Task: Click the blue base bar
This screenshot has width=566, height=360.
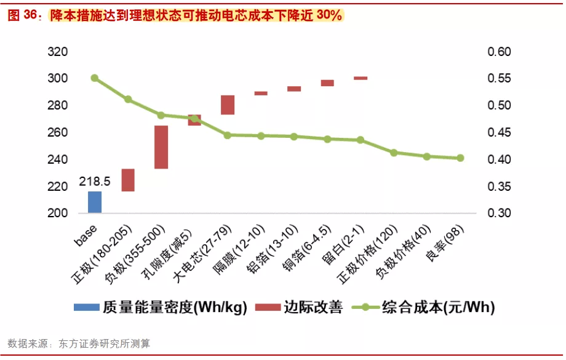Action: [x=95, y=202]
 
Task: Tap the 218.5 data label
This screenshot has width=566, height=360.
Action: [x=95, y=182]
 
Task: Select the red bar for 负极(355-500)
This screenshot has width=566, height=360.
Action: [x=161, y=147]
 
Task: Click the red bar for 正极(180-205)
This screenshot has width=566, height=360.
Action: [x=128, y=180]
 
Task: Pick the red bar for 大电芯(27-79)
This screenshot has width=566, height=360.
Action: [x=228, y=105]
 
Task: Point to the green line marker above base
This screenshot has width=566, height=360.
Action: [x=95, y=78]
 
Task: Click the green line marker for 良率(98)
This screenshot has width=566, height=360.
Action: [x=460, y=158]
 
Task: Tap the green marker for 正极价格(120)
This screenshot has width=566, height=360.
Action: [x=394, y=153]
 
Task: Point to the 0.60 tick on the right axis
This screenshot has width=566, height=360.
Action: [x=499, y=52]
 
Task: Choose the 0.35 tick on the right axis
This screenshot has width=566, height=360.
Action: [x=499, y=186]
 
